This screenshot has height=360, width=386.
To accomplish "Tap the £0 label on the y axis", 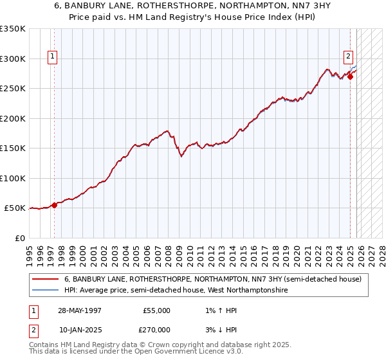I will coord(20,238).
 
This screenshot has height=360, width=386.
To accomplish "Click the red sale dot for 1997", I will coord(55,205).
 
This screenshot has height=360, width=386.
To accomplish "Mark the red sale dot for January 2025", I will coord(350,77).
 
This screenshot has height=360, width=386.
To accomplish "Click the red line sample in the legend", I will coord(44,279).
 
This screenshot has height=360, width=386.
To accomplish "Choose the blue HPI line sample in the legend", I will coord(44,291).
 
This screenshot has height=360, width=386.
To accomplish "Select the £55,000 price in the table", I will coord(156,310).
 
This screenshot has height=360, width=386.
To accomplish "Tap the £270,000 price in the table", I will coord(156,329).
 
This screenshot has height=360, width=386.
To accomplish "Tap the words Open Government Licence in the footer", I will coord(188,352).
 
